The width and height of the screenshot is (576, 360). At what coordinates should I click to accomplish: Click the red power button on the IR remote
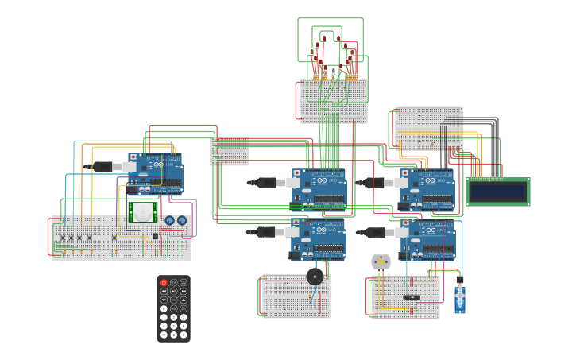pyautogui.click(x=164, y=282)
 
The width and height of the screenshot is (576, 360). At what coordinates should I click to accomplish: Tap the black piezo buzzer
pyautogui.click(x=315, y=277)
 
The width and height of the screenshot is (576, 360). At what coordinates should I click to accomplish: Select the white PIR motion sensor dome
pyautogui.click(x=143, y=212)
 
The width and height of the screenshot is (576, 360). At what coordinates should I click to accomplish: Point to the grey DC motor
pyautogui.click(x=381, y=261)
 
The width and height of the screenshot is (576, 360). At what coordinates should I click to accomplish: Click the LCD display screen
pyautogui.click(x=497, y=192)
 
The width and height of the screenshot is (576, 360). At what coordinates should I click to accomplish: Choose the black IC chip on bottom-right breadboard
pyautogui.click(x=412, y=297)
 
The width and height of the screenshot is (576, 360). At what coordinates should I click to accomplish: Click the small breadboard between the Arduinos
pyautogui.click(x=230, y=151)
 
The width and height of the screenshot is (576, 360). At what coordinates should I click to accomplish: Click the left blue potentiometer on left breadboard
pyautogui.click(x=169, y=220)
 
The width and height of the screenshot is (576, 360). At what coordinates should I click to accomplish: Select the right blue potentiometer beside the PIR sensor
pyautogui.click(x=182, y=220)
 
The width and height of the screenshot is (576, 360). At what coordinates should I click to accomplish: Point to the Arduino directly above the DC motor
pyautogui.click(x=427, y=239)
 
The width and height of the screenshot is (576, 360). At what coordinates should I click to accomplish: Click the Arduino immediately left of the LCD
pyautogui.click(x=427, y=189)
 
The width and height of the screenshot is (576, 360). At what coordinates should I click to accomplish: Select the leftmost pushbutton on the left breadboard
pyautogui.click(x=63, y=237)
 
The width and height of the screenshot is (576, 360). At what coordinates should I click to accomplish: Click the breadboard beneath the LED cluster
pyautogui.click(x=334, y=101)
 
